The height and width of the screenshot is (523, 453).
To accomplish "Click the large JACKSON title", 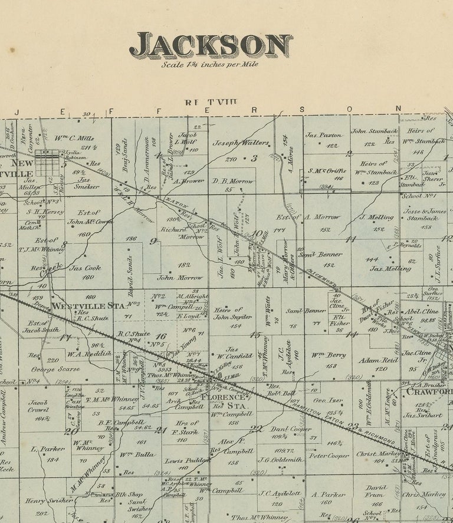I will (211, 45).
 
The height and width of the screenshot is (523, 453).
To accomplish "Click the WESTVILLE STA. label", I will (88, 305).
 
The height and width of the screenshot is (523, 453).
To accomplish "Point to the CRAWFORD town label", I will (429, 391).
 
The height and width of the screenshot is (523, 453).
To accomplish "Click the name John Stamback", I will (374, 131).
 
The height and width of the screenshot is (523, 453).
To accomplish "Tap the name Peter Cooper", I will (329, 455).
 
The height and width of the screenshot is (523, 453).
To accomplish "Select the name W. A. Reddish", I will (88, 354).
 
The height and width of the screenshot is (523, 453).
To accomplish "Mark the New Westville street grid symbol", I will (47, 162).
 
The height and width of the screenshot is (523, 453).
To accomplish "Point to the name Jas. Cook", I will (85, 268).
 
